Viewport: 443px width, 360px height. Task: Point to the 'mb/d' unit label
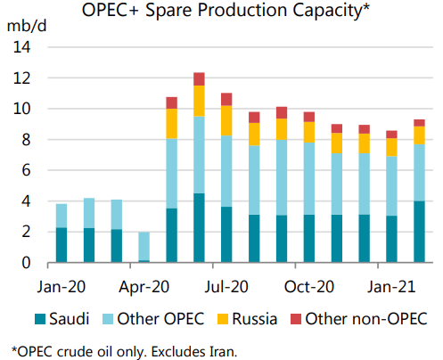[26, 25]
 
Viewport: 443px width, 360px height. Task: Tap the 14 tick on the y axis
[22, 47]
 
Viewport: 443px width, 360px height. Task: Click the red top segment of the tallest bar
[199, 78]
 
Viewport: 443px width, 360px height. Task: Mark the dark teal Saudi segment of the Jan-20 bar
[61, 245]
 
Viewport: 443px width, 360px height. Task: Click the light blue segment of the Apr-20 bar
[144, 246]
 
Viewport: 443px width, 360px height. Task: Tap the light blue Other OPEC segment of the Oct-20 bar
[309, 166]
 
